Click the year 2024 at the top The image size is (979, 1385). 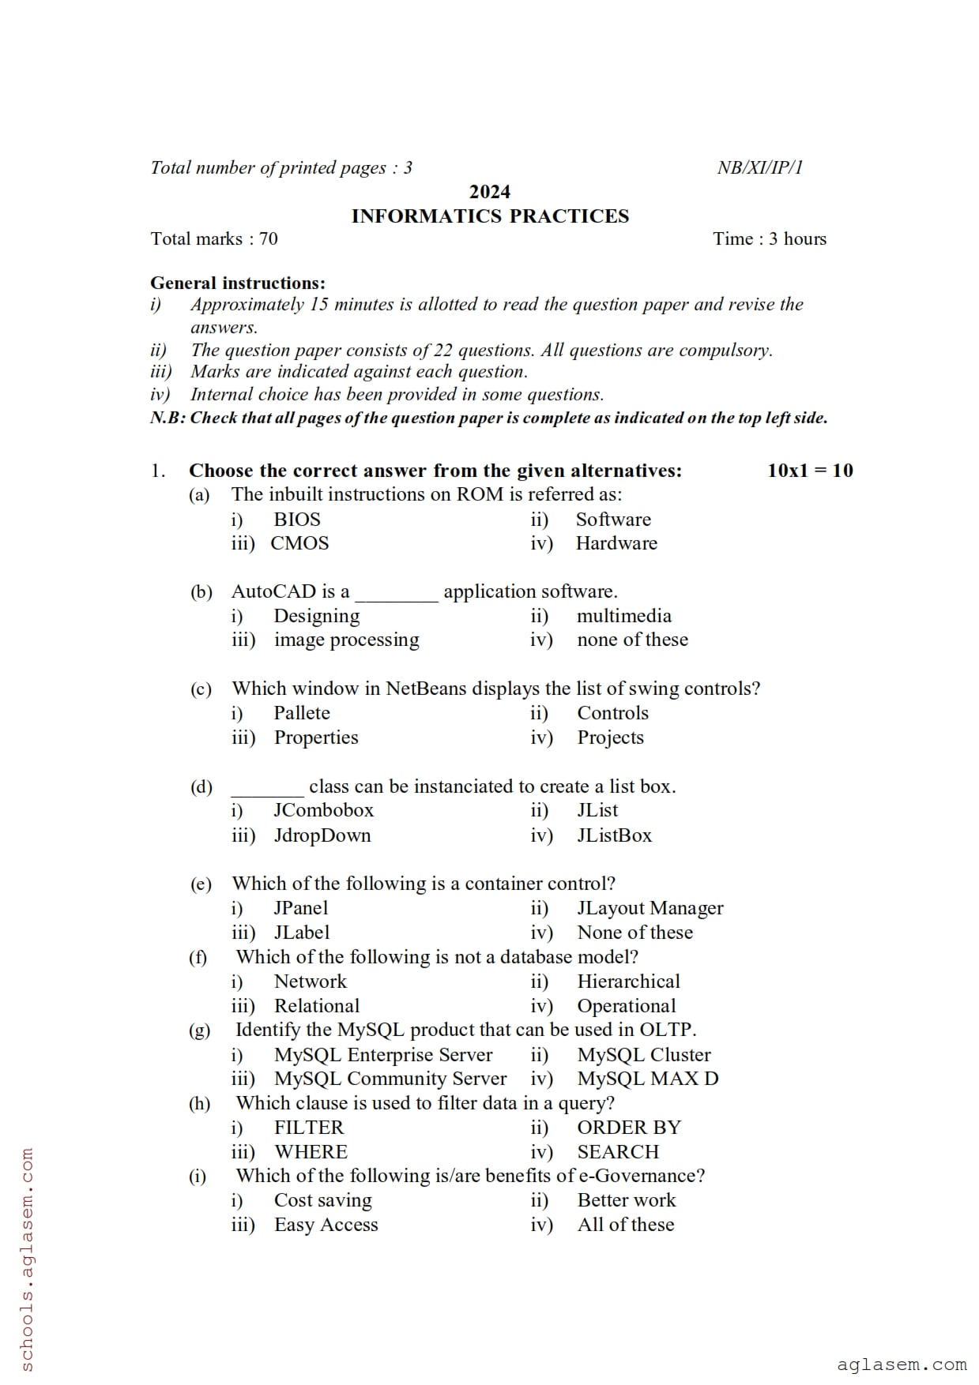coord(490,192)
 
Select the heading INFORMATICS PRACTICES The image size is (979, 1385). coord(490,216)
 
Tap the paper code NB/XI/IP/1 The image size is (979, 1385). coord(759,167)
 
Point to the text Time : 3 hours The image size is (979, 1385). coord(769,239)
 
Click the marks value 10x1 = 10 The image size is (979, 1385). coord(810,471)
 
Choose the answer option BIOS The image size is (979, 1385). coord(297,520)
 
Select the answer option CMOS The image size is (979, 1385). coord(299,543)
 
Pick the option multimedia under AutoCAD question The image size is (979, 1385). coord(623,616)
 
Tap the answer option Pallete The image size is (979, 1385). coord(302,713)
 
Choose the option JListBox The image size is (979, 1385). coord(614,835)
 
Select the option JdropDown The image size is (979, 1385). coord(322,835)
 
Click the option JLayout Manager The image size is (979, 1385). coord(650,908)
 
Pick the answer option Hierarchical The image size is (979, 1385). coord(628,982)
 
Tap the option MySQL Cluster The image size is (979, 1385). coord(643,1055)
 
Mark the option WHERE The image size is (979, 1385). coord(311,1152)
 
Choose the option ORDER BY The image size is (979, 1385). coord(629,1128)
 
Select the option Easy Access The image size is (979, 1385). coord(326,1225)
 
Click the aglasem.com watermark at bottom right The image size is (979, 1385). coord(902,1364)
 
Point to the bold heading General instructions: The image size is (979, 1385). coord(238,283)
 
